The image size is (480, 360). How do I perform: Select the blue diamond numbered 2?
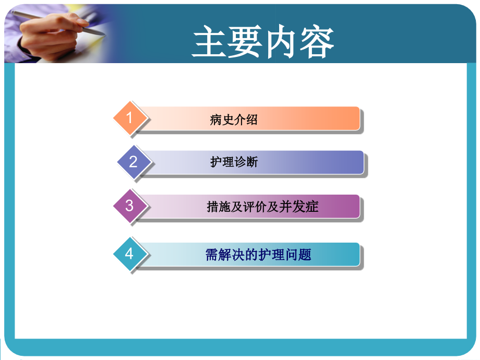point(133,162)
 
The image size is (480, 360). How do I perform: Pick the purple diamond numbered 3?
point(130,206)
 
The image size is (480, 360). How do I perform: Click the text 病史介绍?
point(234,119)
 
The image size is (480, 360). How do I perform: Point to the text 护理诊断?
point(234,162)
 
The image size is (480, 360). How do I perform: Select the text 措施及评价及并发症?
point(262,207)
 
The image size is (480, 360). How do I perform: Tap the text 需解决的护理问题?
point(258,255)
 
